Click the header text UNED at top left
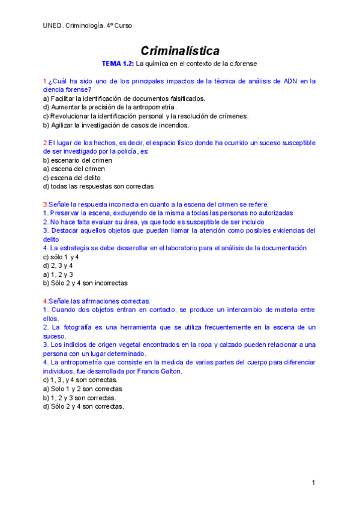coord(53,26)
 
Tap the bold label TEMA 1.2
coord(118,63)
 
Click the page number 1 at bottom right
coord(313,483)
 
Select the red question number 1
coord(45,81)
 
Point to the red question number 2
coord(45,143)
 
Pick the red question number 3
coord(45,204)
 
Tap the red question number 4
coord(45,301)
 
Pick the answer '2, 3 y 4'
coord(62,265)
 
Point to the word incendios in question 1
coord(173,125)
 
